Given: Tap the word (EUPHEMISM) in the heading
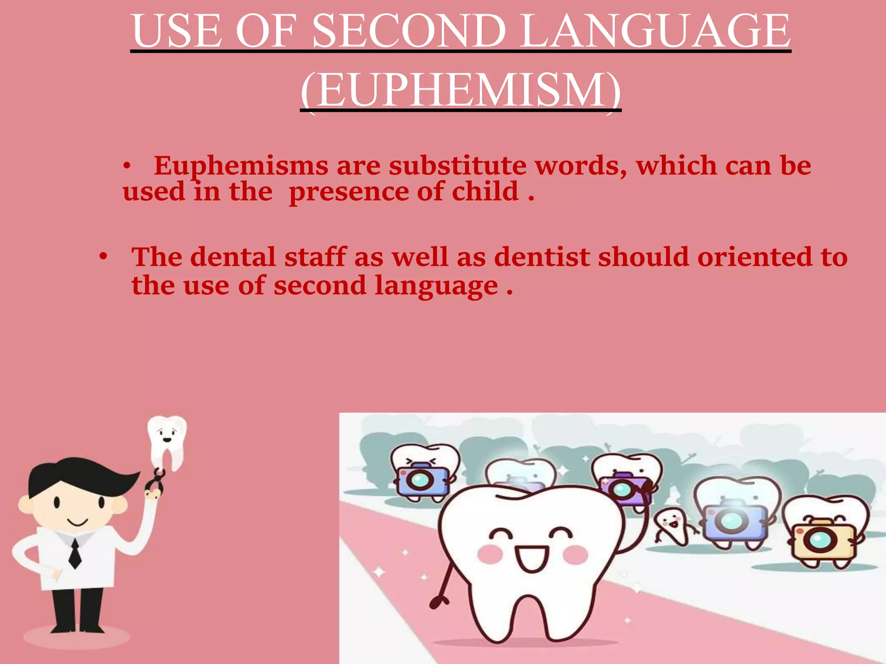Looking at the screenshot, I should (x=461, y=90).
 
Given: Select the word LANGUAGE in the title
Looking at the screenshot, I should (x=655, y=31).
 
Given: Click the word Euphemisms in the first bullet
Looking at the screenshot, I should (x=241, y=166).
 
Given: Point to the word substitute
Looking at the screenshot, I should (x=457, y=166).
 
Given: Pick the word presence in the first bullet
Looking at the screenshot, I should (x=349, y=192).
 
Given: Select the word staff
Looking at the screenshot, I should (x=315, y=257).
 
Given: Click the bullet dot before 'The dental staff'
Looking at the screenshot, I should (x=103, y=257).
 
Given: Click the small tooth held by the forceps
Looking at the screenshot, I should (x=167, y=441).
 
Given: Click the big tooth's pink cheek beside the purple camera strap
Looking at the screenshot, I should (x=575, y=555).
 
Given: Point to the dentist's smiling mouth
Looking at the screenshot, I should (x=78, y=524).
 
